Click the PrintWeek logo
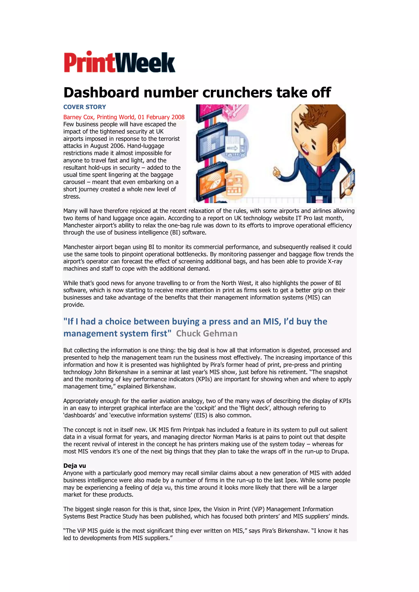point(119,62)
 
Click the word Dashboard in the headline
point(101,93)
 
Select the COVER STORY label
point(85,107)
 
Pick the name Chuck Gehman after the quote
point(206,333)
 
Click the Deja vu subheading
point(75,466)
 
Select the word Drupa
point(341,451)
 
